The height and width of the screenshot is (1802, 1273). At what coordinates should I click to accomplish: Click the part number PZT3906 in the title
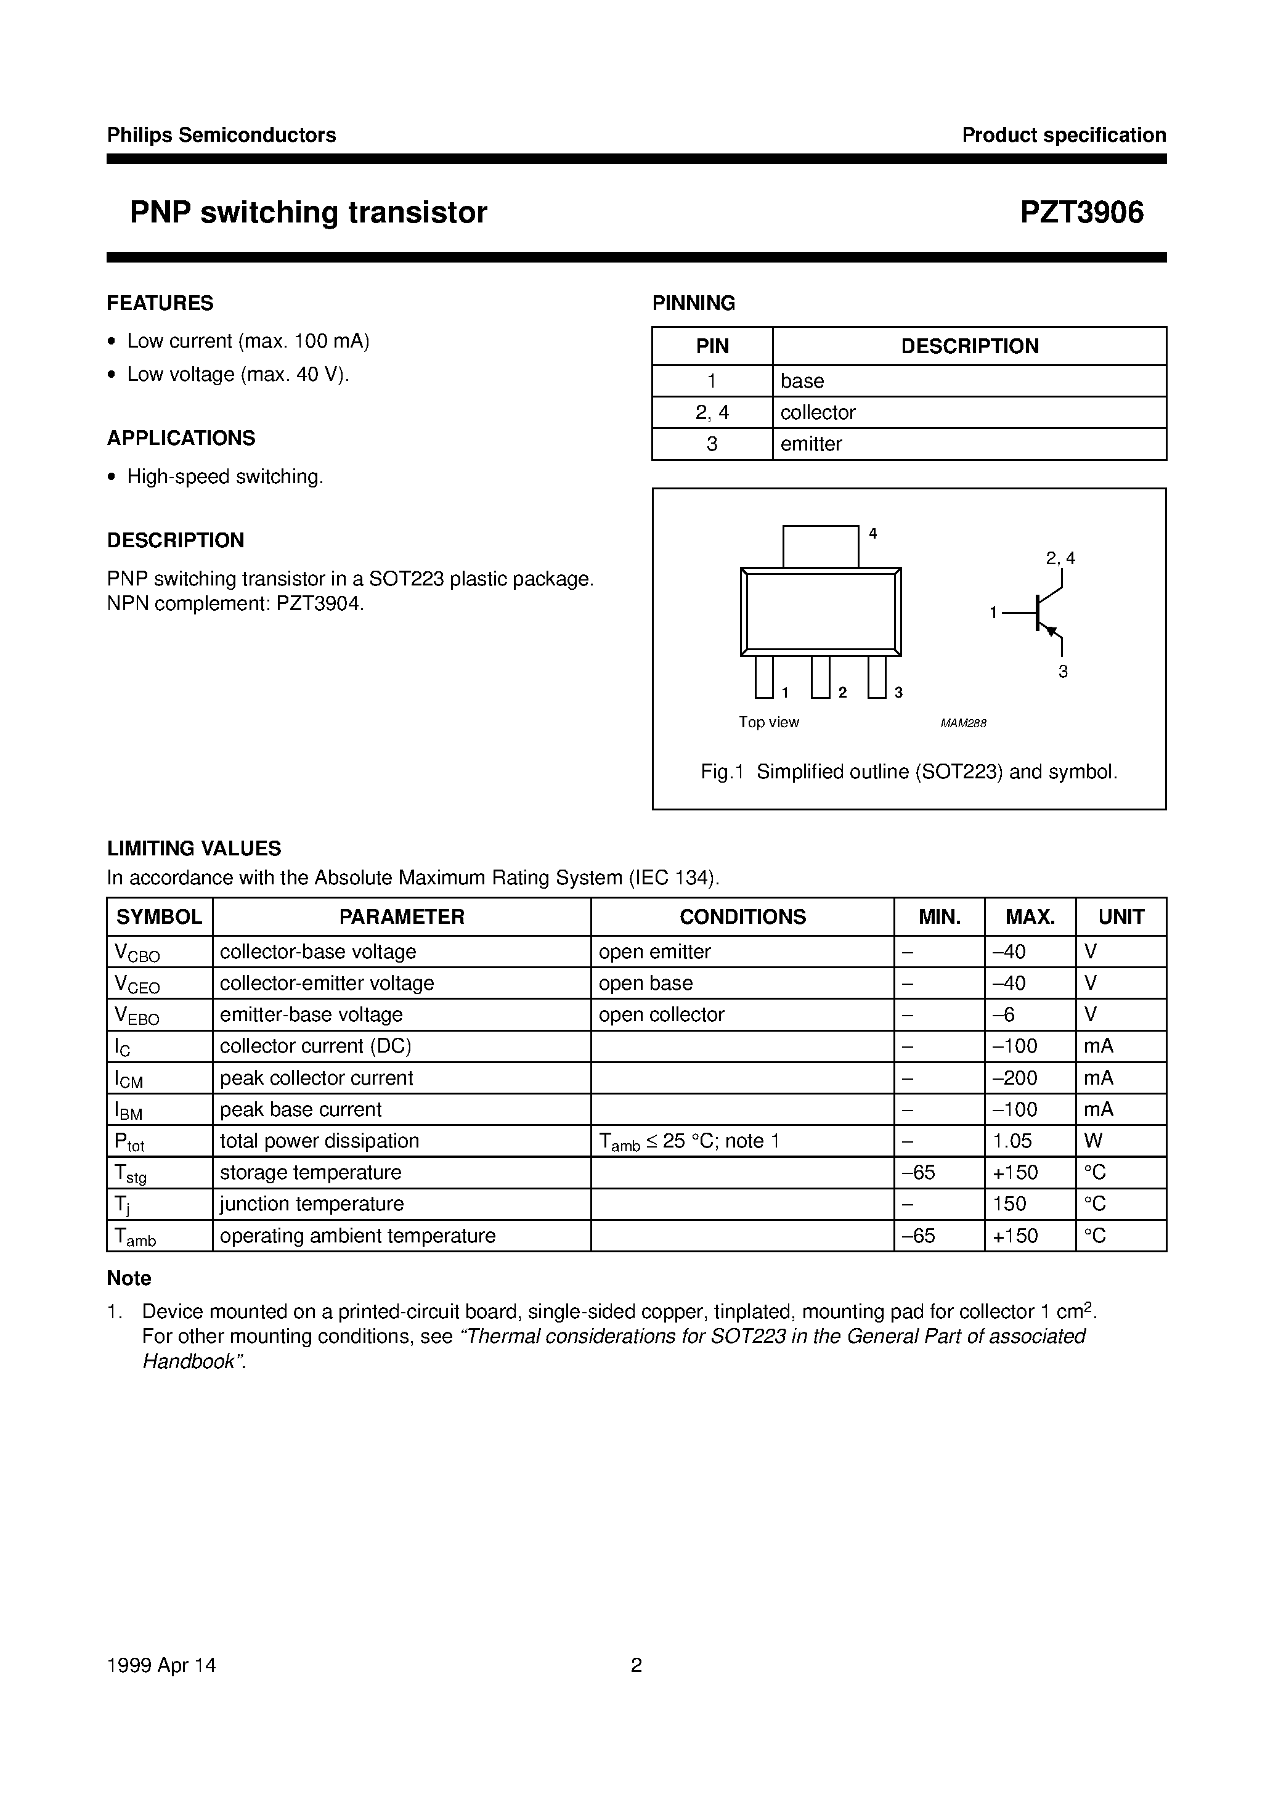[1081, 213]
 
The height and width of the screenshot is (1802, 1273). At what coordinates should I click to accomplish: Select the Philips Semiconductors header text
[221, 135]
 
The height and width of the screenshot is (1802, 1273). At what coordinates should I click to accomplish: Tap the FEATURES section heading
[160, 303]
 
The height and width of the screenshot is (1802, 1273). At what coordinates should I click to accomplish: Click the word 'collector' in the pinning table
[818, 412]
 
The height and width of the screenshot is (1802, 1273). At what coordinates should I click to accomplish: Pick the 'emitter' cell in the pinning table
[811, 444]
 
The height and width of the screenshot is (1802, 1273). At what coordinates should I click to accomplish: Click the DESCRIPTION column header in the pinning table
[969, 346]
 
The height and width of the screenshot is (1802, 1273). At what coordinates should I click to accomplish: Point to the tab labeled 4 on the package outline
[820, 546]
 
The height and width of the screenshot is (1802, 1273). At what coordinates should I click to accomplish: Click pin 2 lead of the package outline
[820, 677]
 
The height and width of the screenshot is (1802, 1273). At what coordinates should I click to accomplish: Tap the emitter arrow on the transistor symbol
[1052, 630]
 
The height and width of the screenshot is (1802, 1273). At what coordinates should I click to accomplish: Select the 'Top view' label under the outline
[768, 722]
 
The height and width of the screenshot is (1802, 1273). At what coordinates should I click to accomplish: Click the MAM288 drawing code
[963, 724]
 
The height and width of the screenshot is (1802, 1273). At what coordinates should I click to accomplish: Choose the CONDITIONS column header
[742, 916]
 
